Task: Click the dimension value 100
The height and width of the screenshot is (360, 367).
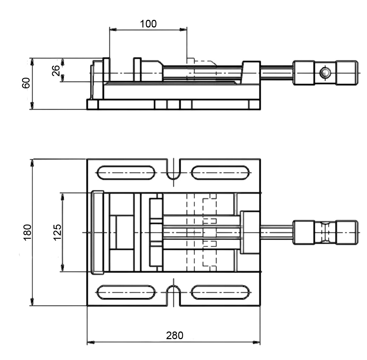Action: [148, 24]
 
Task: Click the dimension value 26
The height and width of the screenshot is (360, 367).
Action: [56, 70]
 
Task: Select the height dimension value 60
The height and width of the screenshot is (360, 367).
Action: [26, 83]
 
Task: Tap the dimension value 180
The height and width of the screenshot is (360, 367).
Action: [28, 232]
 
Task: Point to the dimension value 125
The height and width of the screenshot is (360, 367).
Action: [57, 232]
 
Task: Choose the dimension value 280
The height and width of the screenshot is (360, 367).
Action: [174, 335]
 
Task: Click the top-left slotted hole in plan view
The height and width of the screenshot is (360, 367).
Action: [126, 173]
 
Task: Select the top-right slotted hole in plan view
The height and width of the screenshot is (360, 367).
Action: [220, 173]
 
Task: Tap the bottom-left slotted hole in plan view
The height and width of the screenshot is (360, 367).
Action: [126, 292]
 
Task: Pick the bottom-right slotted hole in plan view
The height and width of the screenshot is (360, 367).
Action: [220, 292]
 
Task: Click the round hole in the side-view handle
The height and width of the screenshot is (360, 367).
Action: [325, 73]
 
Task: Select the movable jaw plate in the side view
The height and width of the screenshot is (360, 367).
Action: [138, 70]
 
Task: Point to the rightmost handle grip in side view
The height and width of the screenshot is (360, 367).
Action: [347, 73]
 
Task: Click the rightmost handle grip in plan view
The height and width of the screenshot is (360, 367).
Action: [347, 232]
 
